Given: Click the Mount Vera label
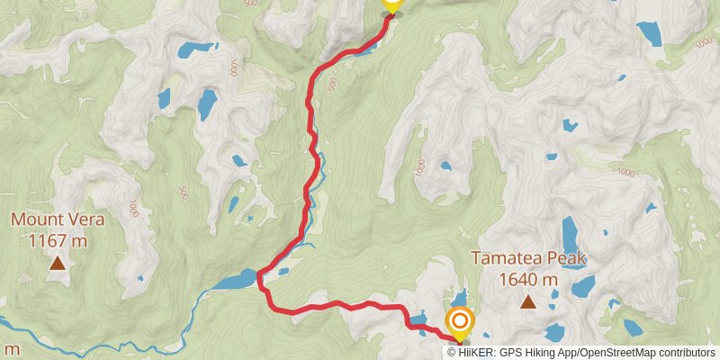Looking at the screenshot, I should click(x=58, y=220).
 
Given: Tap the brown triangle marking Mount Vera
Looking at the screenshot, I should click(x=58, y=263).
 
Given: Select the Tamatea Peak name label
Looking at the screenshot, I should click(x=528, y=259).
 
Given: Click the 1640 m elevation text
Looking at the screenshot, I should click(x=528, y=280).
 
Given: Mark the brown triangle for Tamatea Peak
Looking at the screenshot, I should click(x=528, y=302).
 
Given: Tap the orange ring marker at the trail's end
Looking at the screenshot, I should click(x=460, y=321).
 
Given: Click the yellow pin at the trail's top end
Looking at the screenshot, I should click(x=391, y=4).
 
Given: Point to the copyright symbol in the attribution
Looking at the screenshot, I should click(x=453, y=352).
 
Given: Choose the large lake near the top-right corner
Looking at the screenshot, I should click(x=651, y=32).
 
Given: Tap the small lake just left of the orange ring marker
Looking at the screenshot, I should click(x=418, y=318).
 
